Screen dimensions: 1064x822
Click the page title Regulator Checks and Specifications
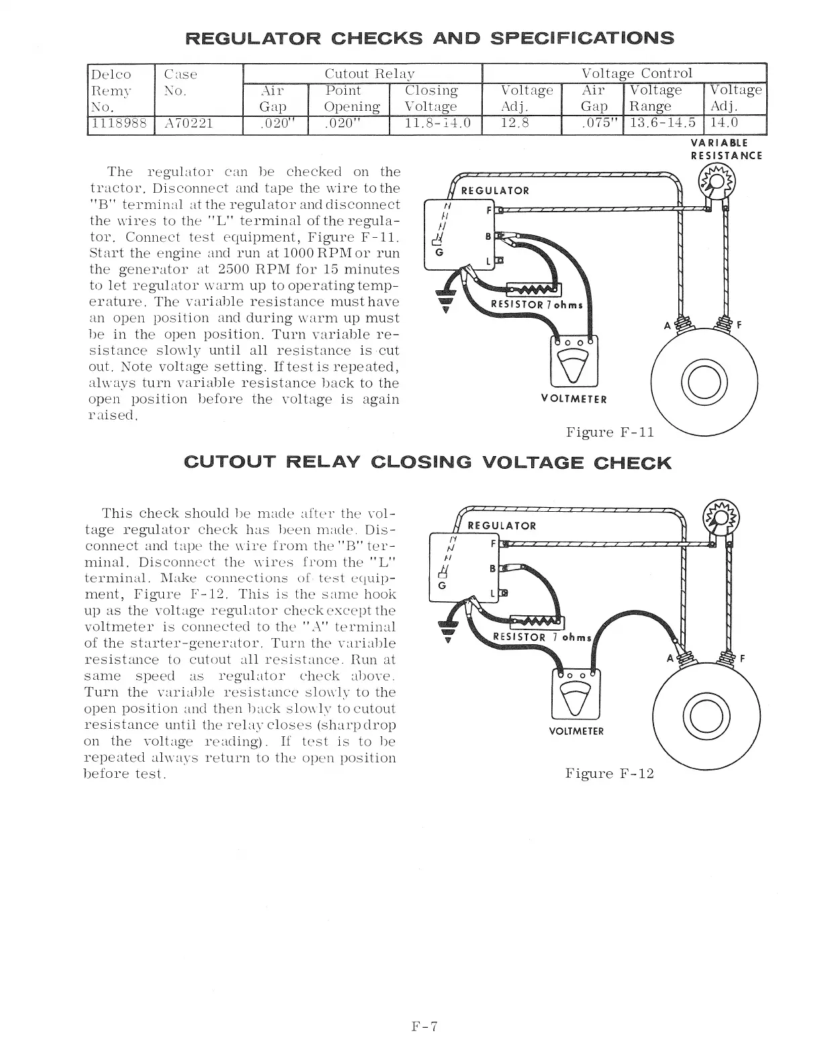pos(429,37)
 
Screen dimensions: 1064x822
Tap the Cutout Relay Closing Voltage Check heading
pos(427,463)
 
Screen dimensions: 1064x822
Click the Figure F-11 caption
pos(609,432)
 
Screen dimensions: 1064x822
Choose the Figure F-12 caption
pos(609,773)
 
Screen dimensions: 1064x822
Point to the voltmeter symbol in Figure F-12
pos(575,693)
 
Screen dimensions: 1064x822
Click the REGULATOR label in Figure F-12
pos(501,526)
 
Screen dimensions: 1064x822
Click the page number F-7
pos(424,1026)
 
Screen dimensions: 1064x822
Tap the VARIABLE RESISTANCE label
pos(726,149)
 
